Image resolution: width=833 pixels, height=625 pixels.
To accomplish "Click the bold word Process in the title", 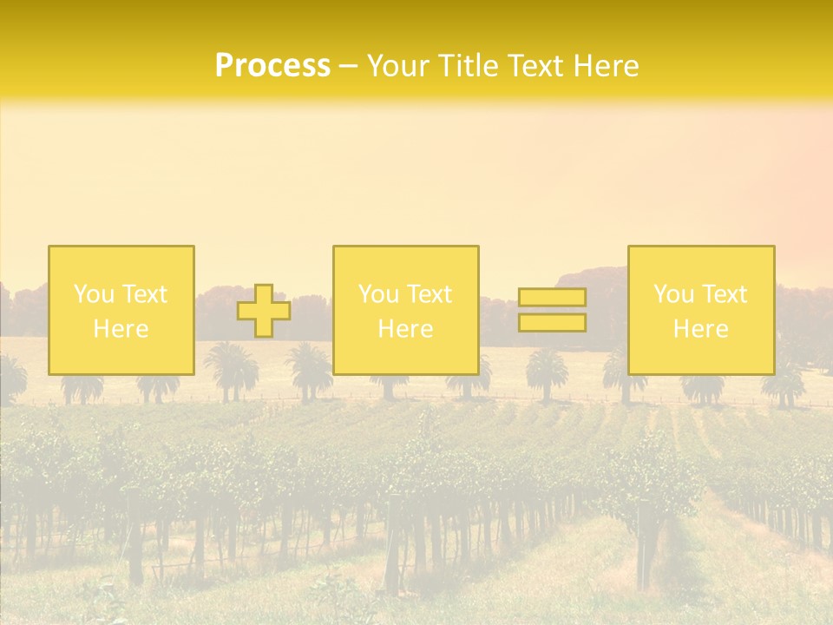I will point(272,66).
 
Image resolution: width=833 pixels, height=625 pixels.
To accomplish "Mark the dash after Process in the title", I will point(348,68).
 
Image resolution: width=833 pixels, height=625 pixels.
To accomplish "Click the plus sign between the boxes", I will point(264,311).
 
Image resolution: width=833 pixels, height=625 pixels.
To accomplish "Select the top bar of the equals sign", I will point(552,298).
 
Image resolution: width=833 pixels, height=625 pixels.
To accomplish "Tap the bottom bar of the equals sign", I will point(552,323).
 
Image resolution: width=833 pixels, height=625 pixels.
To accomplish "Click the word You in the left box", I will point(95,294).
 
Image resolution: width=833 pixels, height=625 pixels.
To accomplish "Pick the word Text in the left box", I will point(144,294).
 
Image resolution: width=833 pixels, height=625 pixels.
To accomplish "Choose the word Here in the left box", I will point(121,329).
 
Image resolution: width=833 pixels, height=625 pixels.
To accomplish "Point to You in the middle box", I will point(379,294).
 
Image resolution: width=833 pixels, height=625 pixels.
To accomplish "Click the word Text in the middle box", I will point(429,294).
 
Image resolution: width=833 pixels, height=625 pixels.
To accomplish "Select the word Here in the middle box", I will point(405,329).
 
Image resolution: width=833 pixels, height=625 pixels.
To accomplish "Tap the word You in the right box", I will point(674,294).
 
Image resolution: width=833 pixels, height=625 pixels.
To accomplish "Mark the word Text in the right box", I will point(724,294).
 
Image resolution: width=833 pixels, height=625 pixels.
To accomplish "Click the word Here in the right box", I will point(700,329).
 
